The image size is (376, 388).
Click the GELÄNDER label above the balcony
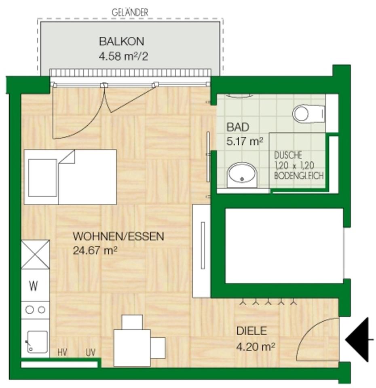tap(130, 13)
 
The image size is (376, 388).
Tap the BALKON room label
tap(122, 41)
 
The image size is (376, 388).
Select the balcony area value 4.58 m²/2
tap(123, 55)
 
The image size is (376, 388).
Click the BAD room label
tap(237, 127)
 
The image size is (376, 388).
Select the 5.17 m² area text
tap(245, 142)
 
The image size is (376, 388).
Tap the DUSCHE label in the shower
tap(288, 155)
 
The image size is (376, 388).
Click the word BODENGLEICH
tap(299, 176)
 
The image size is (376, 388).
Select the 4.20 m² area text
tap(256, 346)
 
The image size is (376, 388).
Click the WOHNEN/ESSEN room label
tap(118, 236)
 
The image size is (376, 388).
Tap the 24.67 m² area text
tap(95, 251)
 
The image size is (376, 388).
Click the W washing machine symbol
tap(34, 287)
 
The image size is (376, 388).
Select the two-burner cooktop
tap(35, 310)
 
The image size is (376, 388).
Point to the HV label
tap(62, 353)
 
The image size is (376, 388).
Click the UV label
tap(90, 353)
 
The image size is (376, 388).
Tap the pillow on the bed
tap(42, 178)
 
